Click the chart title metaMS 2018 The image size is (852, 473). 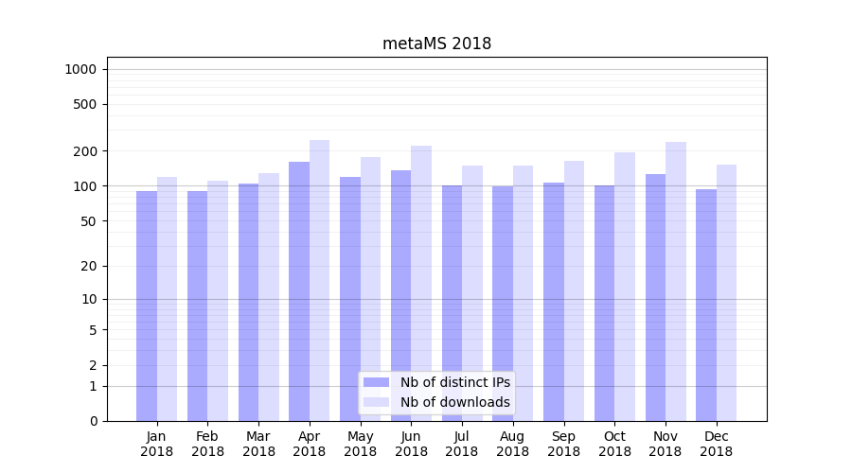click(x=436, y=44)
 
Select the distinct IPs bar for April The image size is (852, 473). click(x=299, y=284)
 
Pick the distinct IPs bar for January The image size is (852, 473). click(x=147, y=303)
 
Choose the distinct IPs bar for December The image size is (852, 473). click(x=706, y=303)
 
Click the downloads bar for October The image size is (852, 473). click(x=625, y=284)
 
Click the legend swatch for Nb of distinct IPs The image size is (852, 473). click(x=377, y=382)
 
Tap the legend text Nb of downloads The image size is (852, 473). click(x=455, y=402)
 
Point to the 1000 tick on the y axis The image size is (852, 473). click(x=80, y=69)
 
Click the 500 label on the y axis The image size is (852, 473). click(x=86, y=104)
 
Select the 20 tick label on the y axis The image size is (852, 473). click(x=90, y=266)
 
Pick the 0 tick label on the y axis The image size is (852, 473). click(x=94, y=421)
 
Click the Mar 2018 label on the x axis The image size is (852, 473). click(x=258, y=444)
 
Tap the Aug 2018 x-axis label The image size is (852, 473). click(x=513, y=444)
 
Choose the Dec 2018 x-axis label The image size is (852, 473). click(x=717, y=444)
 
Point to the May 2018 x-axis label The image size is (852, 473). click(x=361, y=444)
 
